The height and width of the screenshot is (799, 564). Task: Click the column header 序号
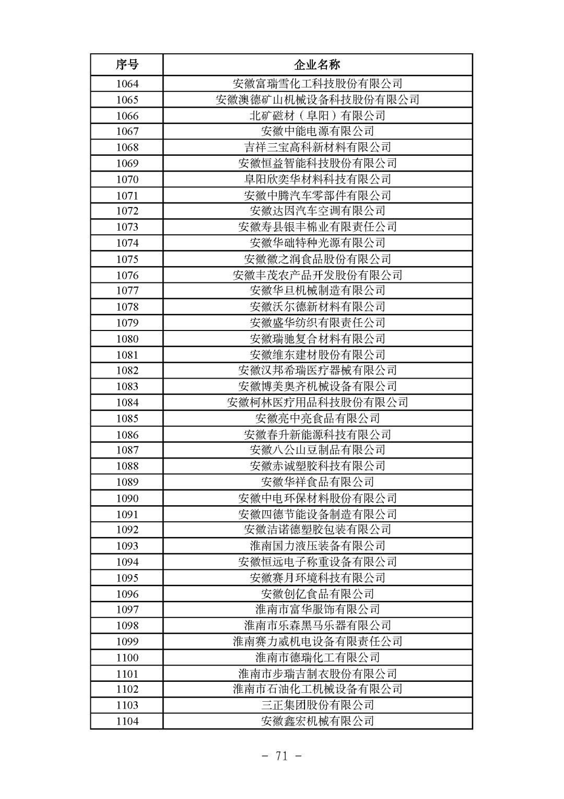click(x=127, y=65)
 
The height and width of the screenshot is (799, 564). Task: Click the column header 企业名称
click(x=318, y=65)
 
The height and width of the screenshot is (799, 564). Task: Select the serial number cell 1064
click(x=127, y=84)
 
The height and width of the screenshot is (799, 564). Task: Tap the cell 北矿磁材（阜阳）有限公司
click(x=318, y=116)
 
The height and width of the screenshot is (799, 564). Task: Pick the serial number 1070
click(x=127, y=179)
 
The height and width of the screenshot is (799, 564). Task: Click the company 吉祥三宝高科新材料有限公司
click(x=318, y=147)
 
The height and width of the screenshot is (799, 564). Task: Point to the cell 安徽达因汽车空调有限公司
click(x=318, y=211)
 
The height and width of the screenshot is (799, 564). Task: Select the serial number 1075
click(x=127, y=259)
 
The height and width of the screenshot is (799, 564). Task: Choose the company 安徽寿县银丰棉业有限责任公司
click(x=318, y=227)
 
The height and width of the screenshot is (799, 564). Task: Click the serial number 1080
click(x=127, y=339)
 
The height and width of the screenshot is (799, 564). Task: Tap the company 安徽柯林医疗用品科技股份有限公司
click(x=318, y=403)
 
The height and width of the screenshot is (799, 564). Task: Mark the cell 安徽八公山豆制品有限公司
click(x=318, y=450)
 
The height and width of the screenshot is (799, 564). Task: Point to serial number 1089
click(x=127, y=482)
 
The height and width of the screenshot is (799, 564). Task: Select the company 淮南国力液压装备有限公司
click(x=318, y=546)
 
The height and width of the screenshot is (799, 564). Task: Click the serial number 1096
click(x=127, y=594)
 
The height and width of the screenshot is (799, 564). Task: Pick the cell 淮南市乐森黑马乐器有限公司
click(x=318, y=625)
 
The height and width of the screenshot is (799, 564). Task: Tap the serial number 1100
click(x=127, y=658)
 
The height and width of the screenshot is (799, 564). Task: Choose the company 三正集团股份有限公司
click(x=318, y=705)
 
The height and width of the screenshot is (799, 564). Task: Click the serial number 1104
click(x=127, y=722)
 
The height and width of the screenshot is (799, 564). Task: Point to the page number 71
click(x=282, y=756)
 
